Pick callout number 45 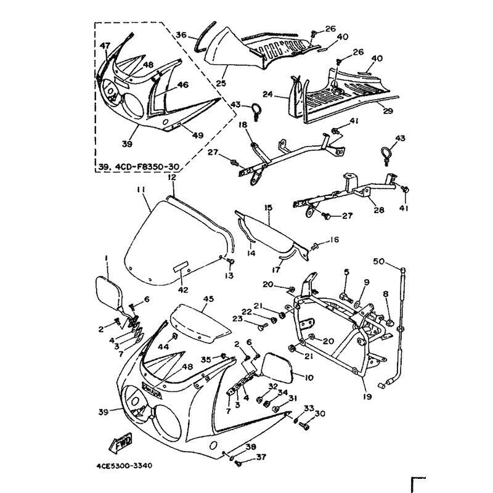(x=208, y=299)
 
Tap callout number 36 (x=181, y=35)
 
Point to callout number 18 (x=242, y=125)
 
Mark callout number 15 (x=268, y=209)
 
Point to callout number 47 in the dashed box (x=105, y=46)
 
